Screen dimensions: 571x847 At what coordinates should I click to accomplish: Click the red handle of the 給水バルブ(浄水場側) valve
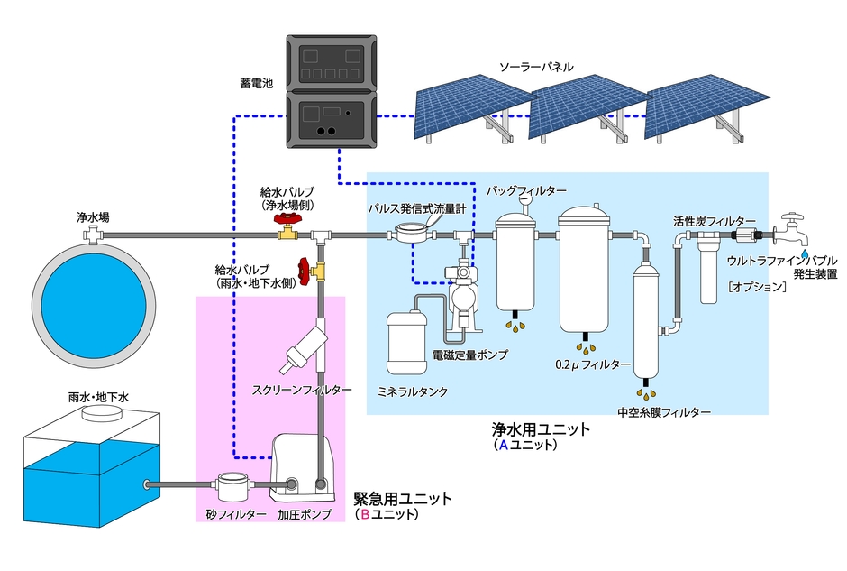(x=288, y=219)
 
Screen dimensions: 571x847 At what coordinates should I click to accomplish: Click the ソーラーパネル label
(x=537, y=66)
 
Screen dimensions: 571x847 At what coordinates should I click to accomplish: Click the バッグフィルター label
(x=527, y=191)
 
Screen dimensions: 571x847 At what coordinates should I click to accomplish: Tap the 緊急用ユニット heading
(x=403, y=498)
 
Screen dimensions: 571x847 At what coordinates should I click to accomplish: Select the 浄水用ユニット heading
(x=541, y=429)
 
